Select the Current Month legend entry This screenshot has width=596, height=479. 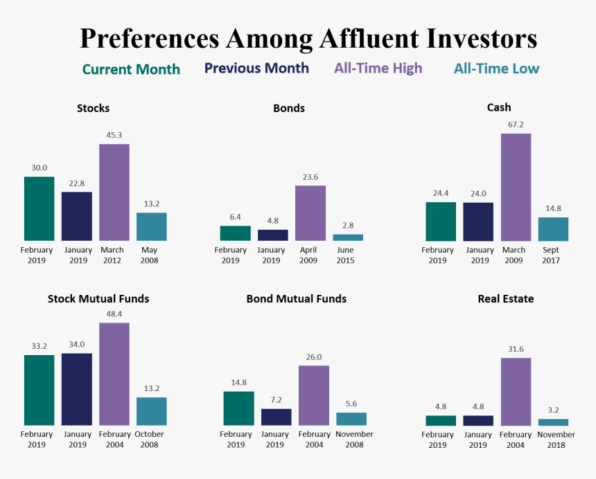131,69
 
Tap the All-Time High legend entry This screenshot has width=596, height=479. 378,68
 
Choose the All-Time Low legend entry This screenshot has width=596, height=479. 496,69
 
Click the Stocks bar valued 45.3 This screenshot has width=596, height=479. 114,192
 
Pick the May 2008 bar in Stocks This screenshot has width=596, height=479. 151,226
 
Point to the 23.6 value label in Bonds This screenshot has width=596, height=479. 310,177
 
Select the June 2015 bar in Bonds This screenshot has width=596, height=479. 348,237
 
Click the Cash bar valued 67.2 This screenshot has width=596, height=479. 516,187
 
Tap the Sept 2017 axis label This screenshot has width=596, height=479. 552,255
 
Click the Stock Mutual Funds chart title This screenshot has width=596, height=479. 98,299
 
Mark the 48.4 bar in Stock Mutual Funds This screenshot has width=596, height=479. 114,374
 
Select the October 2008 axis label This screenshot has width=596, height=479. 151,440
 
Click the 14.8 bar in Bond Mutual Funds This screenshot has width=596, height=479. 238,408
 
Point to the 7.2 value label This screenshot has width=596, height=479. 276,400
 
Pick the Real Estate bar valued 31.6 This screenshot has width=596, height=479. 516,391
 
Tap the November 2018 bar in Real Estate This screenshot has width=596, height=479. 553,422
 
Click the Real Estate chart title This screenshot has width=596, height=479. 505,299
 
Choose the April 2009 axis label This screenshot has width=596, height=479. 310,255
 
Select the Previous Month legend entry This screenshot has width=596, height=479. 256,68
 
